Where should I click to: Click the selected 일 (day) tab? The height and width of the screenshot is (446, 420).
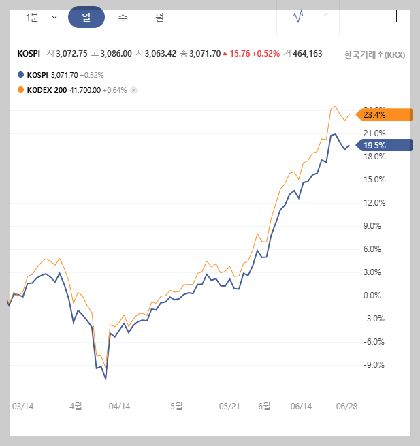click(x=86, y=17)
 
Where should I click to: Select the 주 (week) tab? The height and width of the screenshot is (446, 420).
click(x=123, y=17)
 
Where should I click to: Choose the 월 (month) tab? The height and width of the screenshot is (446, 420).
click(x=160, y=17)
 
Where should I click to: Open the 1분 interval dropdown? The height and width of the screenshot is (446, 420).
click(x=42, y=17)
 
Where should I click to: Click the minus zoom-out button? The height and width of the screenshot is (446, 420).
click(x=364, y=16)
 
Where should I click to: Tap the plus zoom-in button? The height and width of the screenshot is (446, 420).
click(x=396, y=16)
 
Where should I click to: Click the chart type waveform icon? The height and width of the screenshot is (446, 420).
click(x=298, y=15)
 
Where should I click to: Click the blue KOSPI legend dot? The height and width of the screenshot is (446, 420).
click(x=20, y=75)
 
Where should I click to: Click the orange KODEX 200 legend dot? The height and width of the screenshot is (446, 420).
click(x=20, y=89)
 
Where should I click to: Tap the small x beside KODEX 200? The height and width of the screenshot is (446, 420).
click(x=133, y=90)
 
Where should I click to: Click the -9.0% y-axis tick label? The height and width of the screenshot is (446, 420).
click(x=375, y=364)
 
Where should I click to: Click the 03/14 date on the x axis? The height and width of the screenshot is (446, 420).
click(x=23, y=406)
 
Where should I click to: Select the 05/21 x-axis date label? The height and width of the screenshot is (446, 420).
click(x=229, y=406)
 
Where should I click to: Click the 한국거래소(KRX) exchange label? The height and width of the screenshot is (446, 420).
click(x=374, y=54)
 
